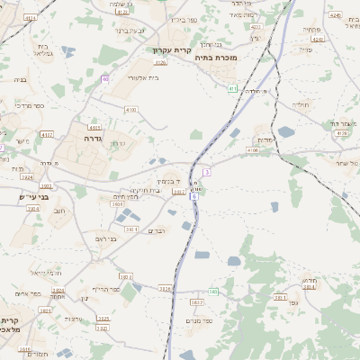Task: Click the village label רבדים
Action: coord(157,231)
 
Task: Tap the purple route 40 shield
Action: coord(104,79)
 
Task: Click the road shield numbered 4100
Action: coord(131,109)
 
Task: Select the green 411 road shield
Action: coord(232,88)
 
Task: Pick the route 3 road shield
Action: coord(206,170)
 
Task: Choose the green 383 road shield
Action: coord(212,292)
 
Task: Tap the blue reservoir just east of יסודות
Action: coord(286,131)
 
